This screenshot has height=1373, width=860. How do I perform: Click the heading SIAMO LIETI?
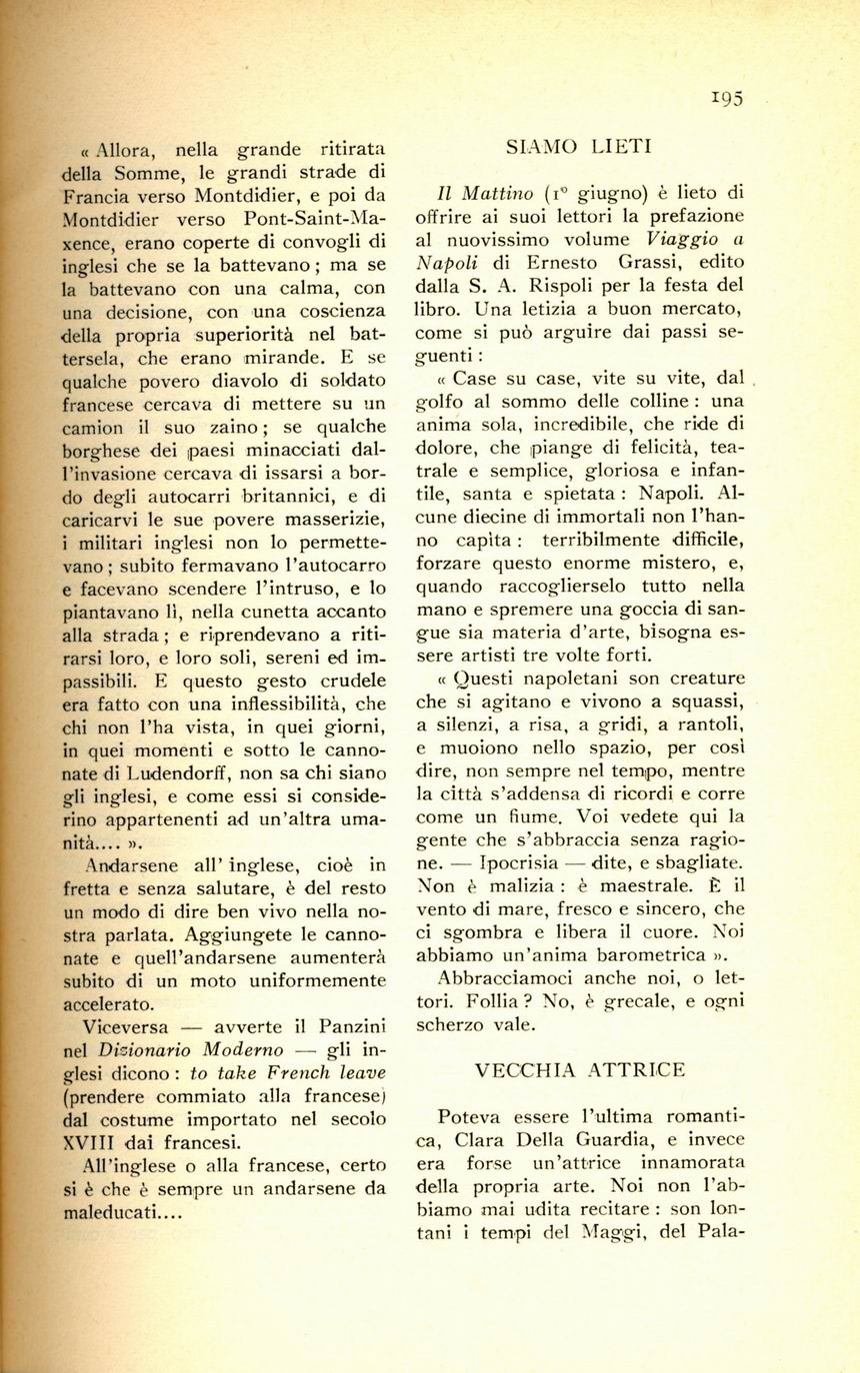tap(579, 147)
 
